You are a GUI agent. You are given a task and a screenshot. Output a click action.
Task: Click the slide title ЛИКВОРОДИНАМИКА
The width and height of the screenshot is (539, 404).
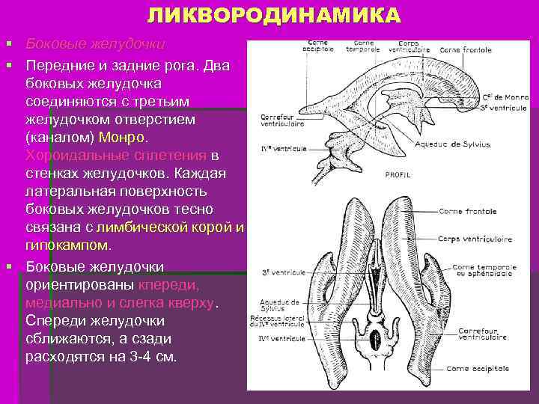point(273,15)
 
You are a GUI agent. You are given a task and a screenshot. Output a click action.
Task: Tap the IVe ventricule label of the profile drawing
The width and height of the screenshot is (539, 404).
point(283,149)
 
